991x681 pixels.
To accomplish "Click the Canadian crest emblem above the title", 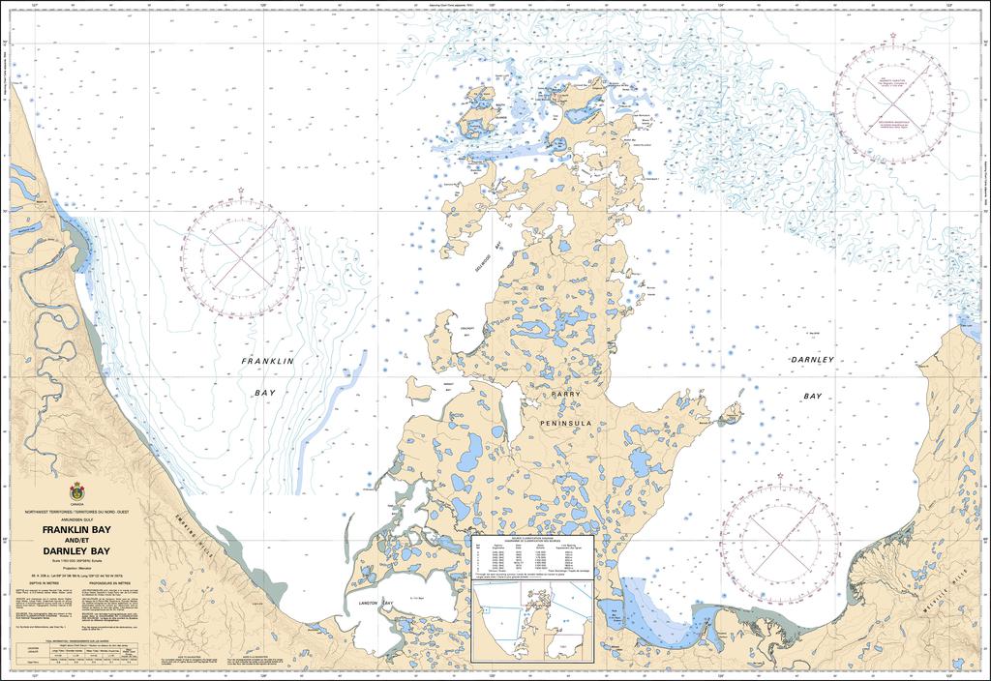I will coord(76,492).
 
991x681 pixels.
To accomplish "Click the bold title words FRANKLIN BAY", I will coord(76,531).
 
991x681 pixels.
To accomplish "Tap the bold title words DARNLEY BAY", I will coord(76,551).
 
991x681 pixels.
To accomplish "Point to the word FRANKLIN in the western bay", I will coord(266,361).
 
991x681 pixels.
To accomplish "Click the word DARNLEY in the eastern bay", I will coord(811,360).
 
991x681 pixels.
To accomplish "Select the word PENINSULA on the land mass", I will coord(569,422).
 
